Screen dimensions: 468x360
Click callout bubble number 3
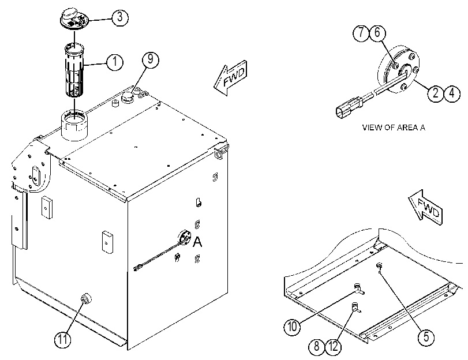[x=120, y=17]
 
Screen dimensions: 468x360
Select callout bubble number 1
[x=115, y=62]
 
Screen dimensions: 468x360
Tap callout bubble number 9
[x=151, y=59]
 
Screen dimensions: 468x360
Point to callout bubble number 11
[x=63, y=339]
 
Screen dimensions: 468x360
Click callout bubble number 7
[x=361, y=32]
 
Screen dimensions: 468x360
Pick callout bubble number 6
[x=377, y=32]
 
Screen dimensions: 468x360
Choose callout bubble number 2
[x=436, y=93]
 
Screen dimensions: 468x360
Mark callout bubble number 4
[x=452, y=93]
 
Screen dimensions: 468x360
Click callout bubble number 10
[x=292, y=327]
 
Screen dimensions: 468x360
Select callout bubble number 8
[x=317, y=347]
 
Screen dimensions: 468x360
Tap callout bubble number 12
[x=333, y=347]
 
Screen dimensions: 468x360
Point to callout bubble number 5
[x=426, y=337]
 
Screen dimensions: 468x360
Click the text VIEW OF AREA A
[x=394, y=127]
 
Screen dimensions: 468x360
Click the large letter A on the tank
[x=197, y=242]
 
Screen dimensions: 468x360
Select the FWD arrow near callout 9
[x=230, y=78]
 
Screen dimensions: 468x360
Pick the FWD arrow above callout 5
[x=425, y=207]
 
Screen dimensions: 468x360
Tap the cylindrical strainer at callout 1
[x=74, y=70]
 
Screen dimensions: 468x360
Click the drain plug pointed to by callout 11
[x=86, y=298]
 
